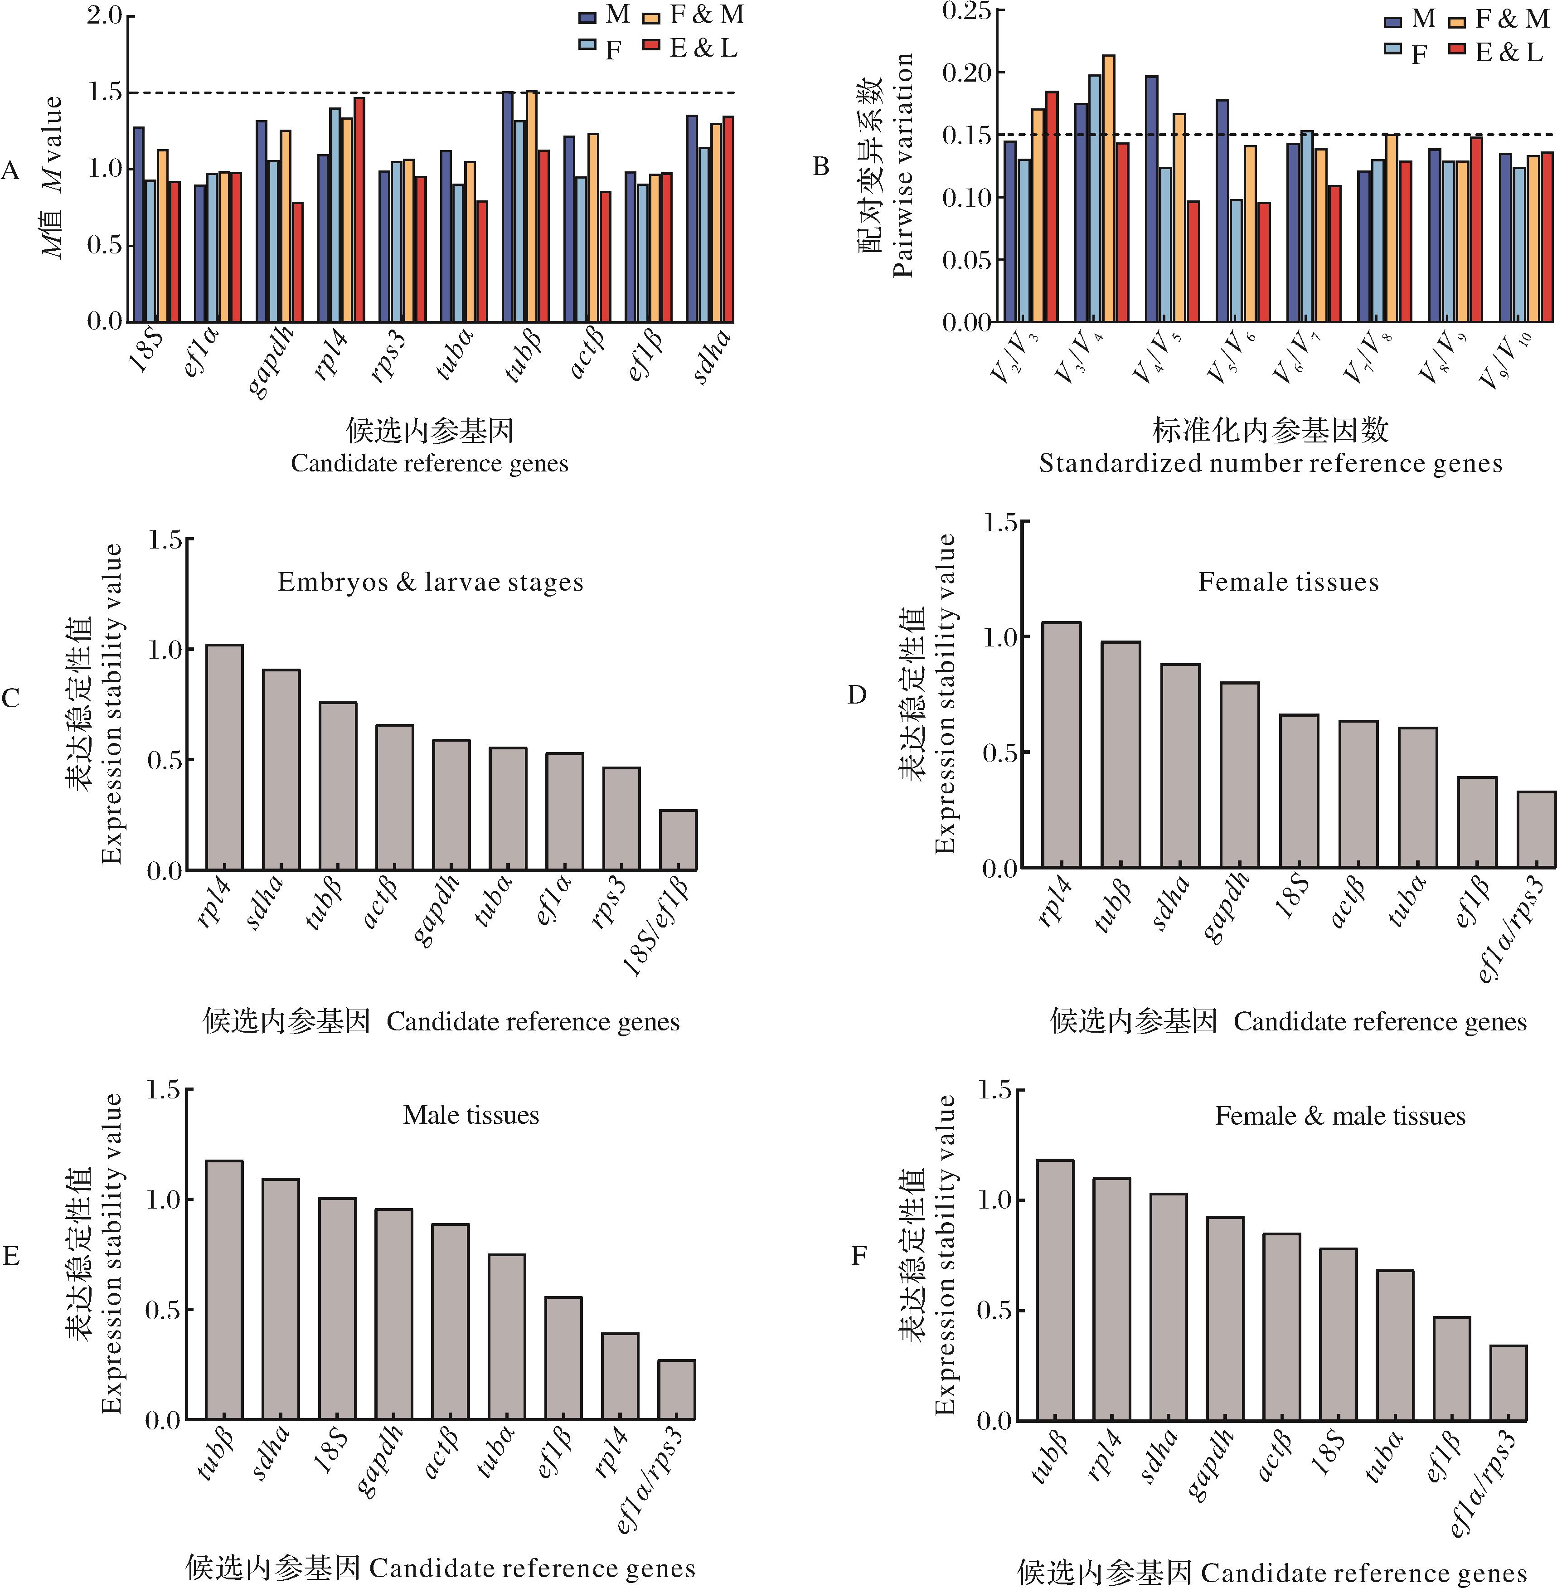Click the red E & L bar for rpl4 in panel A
point(359,209)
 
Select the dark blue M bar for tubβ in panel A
point(508,207)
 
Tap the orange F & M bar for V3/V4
point(1108,188)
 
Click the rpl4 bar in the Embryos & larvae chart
point(224,757)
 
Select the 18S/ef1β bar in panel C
point(678,840)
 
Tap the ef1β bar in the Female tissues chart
point(1477,822)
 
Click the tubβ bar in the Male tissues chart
point(224,1290)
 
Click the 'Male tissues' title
point(471,1115)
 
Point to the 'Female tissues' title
point(1288,582)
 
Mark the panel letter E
point(11,1256)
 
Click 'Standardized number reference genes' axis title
point(1270,464)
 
